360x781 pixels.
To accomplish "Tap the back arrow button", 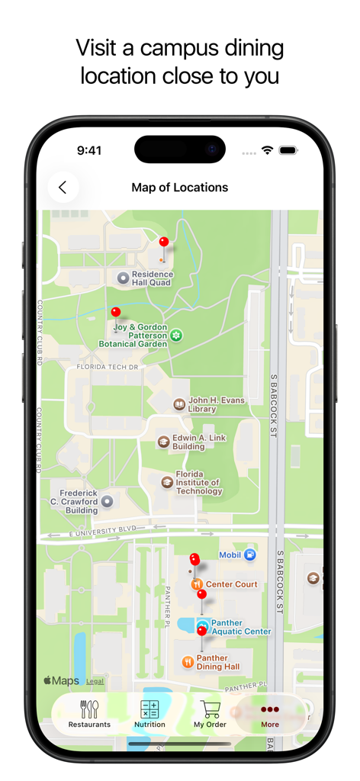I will click(x=63, y=188).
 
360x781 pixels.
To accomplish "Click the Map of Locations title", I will click(x=179, y=188).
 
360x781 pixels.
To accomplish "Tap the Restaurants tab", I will click(x=89, y=715).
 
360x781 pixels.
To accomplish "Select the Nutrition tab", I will click(x=149, y=715).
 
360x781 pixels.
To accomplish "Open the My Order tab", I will click(x=210, y=715).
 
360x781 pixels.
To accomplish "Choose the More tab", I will click(x=270, y=715).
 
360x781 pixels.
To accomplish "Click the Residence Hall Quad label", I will click(x=151, y=278).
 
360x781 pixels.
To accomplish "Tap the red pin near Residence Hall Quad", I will click(x=163, y=243).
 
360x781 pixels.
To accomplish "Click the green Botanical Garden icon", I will click(x=176, y=335).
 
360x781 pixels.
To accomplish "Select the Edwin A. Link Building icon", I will click(x=163, y=442).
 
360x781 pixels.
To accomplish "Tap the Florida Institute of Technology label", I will click(x=198, y=483).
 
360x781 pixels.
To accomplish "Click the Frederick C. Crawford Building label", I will click(x=79, y=502).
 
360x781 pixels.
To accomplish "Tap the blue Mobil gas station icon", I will click(x=249, y=555).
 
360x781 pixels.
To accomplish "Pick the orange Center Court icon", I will click(x=196, y=584).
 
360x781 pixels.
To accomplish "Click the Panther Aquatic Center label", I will click(x=241, y=627).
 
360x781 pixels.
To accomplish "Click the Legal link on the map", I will click(x=95, y=681).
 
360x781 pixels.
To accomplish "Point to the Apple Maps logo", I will click(x=61, y=680).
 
